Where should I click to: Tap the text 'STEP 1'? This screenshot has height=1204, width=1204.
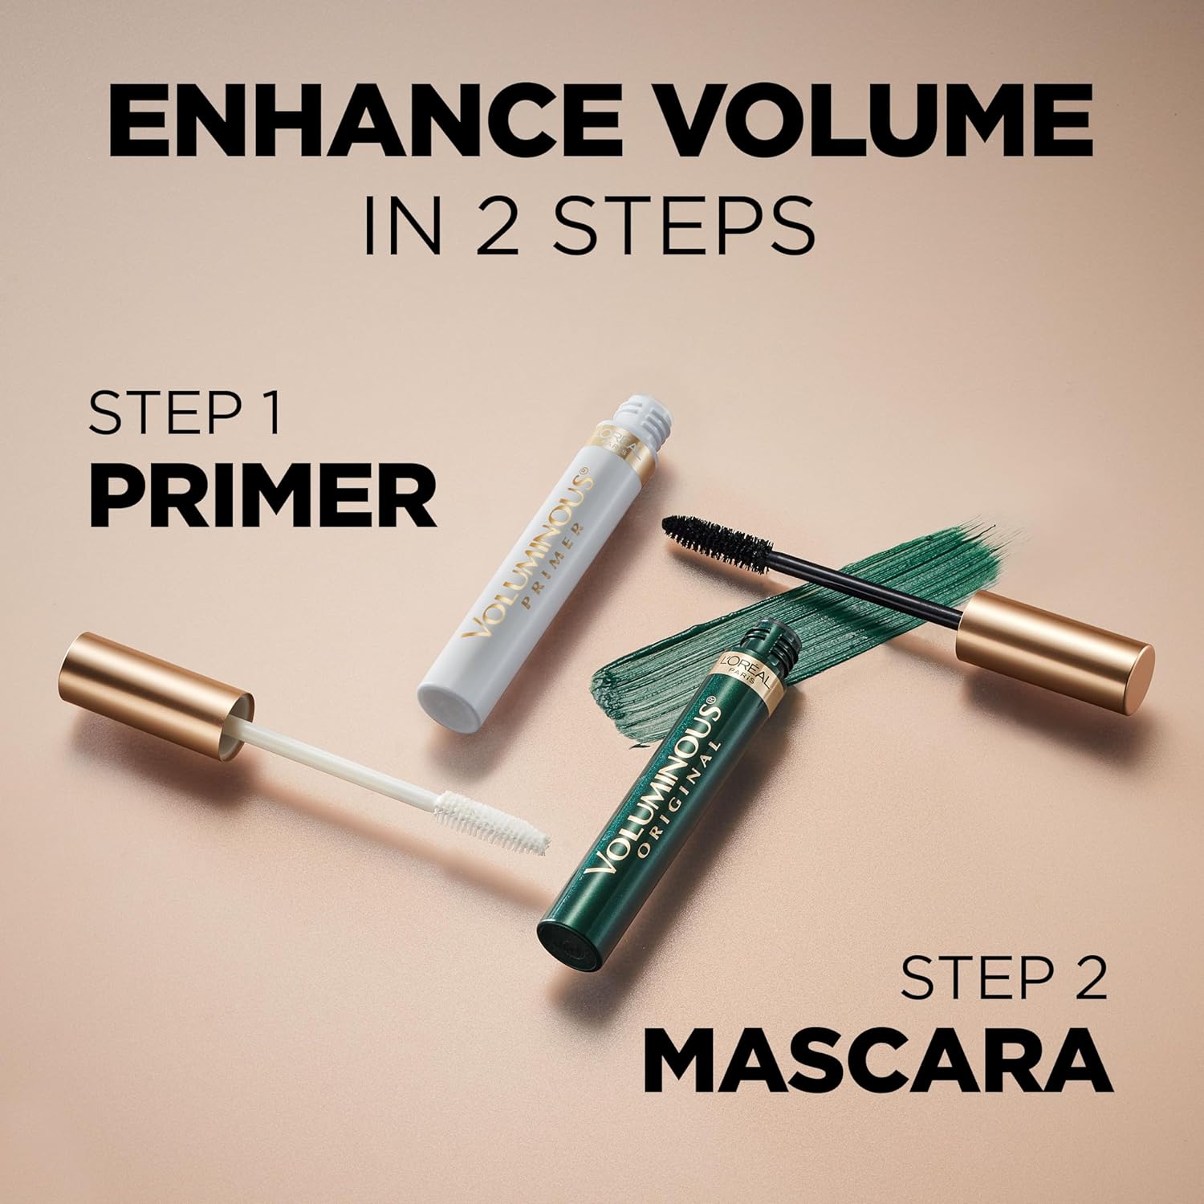click(185, 413)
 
